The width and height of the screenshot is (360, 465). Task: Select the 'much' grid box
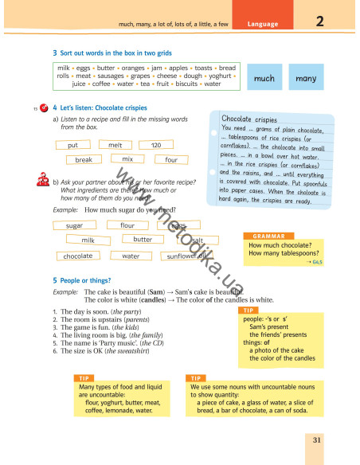click(x=264, y=79)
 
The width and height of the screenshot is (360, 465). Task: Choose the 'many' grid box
click(x=306, y=79)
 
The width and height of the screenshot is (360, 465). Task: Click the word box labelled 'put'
click(x=73, y=146)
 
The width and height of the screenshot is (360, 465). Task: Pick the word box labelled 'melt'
click(x=115, y=146)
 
